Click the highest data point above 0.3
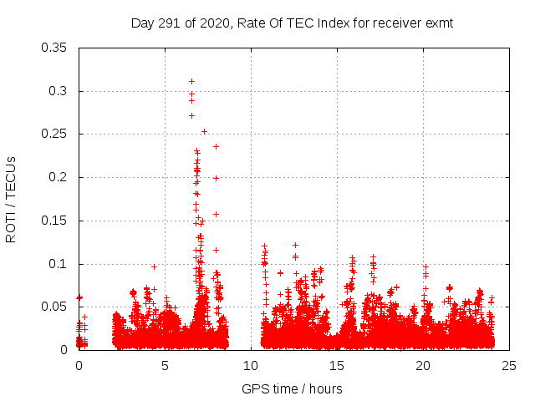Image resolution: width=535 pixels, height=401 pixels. click(x=191, y=81)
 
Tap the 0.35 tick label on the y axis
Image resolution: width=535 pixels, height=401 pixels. click(x=55, y=48)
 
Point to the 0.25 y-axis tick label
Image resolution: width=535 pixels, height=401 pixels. click(x=55, y=134)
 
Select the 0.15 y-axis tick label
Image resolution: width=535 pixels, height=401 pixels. click(x=55, y=221)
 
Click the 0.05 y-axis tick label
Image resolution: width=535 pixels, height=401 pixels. click(x=55, y=307)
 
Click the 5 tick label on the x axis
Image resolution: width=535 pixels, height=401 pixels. click(x=165, y=366)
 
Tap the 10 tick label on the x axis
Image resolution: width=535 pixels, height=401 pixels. click(x=251, y=366)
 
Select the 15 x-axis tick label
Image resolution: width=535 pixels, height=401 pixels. click(x=337, y=366)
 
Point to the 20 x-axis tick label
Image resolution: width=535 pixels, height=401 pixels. click(x=423, y=366)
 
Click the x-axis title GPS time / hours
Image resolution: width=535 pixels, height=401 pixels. click(x=292, y=388)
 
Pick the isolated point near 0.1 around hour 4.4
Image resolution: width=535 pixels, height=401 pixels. click(x=154, y=266)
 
